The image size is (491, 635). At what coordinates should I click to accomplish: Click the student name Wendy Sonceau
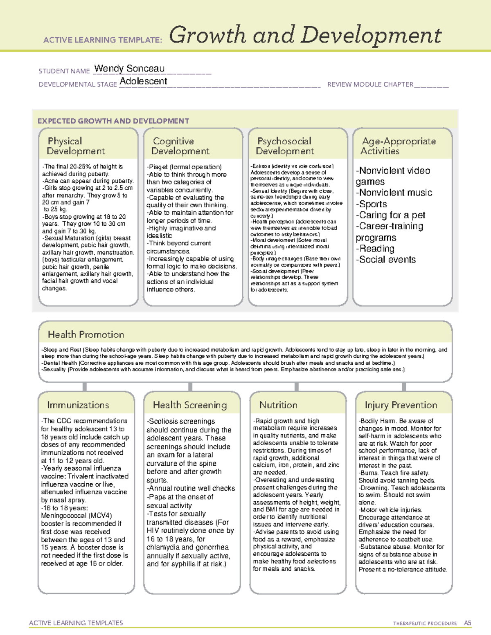pyautogui.click(x=129, y=69)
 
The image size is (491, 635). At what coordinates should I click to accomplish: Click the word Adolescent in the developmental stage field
pyautogui.click(x=143, y=81)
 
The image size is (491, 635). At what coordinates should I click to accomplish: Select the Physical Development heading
pyautogui.click(x=76, y=146)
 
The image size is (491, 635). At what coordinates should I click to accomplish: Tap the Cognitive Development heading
pyautogui.click(x=180, y=146)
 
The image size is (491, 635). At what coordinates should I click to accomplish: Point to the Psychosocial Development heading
pyautogui.click(x=285, y=146)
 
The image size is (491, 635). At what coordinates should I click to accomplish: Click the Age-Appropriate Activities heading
pyautogui.click(x=398, y=146)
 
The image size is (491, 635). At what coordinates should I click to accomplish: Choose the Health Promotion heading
pyautogui.click(x=86, y=334)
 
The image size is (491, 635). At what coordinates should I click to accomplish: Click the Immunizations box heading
pyautogui.click(x=78, y=405)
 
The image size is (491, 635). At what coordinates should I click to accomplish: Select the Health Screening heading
pyautogui.click(x=190, y=405)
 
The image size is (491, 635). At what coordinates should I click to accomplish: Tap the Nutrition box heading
pyautogui.click(x=278, y=405)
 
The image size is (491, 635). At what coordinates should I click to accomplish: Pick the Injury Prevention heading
pyautogui.click(x=401, y=405)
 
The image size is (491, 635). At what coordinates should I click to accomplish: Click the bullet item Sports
pyautogui.click(x=372, y=204)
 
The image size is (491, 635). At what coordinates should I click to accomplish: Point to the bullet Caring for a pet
pyautogui.click(x=392, y=215)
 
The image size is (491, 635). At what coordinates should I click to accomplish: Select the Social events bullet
pyautogui.click(x=387, y=260)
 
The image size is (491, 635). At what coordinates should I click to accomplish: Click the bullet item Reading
pyautogui.click(x=376, y=249)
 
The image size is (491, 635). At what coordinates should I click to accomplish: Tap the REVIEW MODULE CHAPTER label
pyautogui.click(x=370, y=84)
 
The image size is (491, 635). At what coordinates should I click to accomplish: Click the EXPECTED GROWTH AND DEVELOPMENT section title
pyautogui.click(x=113, y=121)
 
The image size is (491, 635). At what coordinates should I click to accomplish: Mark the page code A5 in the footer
pyautogui.click(x=467, y=623)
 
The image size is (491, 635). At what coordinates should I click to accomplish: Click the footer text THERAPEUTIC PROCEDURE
pyautogui.click(x=425, y=624)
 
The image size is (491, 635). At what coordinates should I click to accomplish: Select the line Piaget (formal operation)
pyautogui.click(x=185, y=167)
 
